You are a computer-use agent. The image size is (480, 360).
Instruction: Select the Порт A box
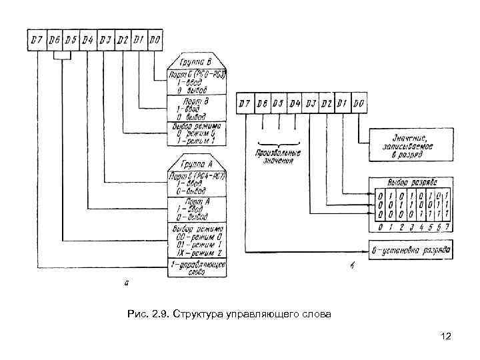pyautogui.click(x=197, y=208)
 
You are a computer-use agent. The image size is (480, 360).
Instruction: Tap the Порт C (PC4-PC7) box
pyautogui.click(x=197, y=183)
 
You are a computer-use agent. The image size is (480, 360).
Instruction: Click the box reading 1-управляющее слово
pyautogui.click(x=197, y=268)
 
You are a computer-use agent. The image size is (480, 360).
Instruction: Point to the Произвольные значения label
pyautogui.click(x=279, y=156)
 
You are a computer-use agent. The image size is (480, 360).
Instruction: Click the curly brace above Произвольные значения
pyautogui.click(x=279, y=143)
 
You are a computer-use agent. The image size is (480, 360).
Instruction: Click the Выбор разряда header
pyautogui.click(x=411, y=183)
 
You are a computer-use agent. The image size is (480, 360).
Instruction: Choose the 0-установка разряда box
pyautogui.click(x=411, y=250)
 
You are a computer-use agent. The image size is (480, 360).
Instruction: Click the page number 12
pyautogui.click(x=446, y=337)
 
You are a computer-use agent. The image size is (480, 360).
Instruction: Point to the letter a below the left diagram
pyautogui.click(x=127, y=283)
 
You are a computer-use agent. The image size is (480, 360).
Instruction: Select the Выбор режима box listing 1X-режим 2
pyautogui.click(x=197, y=239)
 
